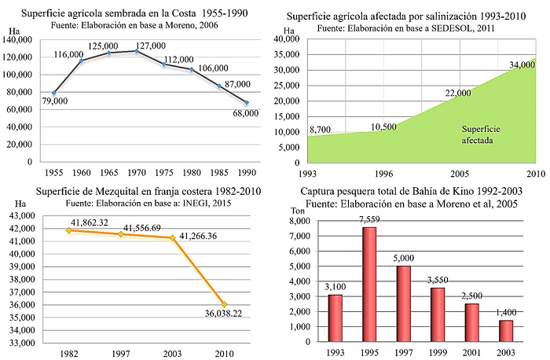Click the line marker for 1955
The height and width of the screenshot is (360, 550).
point(54,94)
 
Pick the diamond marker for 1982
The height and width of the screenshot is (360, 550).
point(69,230)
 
